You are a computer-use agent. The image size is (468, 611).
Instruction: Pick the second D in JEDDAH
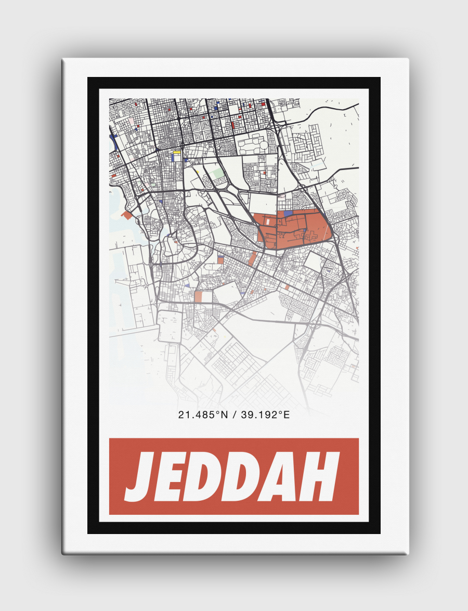tap(258, 476)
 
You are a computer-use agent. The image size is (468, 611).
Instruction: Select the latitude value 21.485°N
tap(199, 414)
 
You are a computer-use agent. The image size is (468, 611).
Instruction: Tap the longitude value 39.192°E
tap(261, 414)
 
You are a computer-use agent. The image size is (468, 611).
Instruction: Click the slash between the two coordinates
tap(229, 414)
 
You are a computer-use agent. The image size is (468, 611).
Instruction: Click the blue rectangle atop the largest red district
tap(288, 213)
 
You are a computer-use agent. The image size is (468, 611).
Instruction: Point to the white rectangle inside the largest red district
tap(268, 220)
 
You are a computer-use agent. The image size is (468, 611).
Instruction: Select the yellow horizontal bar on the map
tap(177, 152)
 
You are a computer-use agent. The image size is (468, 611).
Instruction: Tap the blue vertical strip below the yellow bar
tap(173, 157)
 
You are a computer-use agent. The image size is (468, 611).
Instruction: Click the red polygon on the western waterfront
tap(127, 214)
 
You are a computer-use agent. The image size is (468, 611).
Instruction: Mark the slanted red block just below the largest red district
tap(253, 257)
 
